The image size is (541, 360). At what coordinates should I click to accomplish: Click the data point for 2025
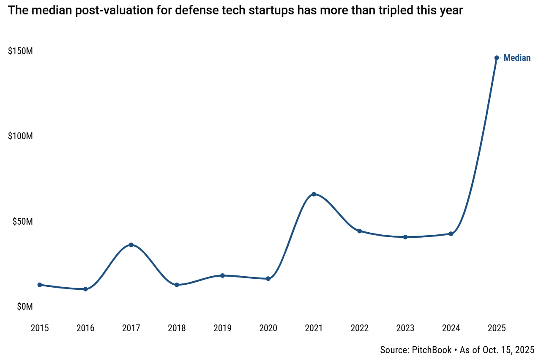pyautogui.click(x=497, y=58)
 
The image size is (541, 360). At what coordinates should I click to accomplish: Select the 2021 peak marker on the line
pyautogui.click(x=314, y=194)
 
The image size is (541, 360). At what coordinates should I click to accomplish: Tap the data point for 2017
pyautogui.click(x=131, y=245)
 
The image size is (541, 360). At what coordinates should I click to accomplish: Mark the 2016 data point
pyautogui.click(x=85, y=289)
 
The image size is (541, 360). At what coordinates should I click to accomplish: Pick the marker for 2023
pyautogui.click(x=405, y=237)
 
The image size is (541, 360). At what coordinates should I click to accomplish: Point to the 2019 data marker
pyautogui.click(x=222, y=275)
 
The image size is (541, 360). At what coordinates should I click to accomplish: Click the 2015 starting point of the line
pyautogui.click(x=40, y=285)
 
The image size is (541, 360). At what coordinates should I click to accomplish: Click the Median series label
pyautogui.click(x=517, y=58)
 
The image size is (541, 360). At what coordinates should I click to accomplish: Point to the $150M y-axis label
pyautogui.click(x=20, y=51)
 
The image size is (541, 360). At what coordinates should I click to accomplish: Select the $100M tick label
pyautogui.click(x=20, y=136)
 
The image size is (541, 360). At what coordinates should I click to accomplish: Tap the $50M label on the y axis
pyautogui.click(x=22, y=222)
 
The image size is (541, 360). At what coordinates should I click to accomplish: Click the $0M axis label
pyautogui.click(x=25, y=307)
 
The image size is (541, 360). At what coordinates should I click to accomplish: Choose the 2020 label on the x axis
pyautogui.click(x=268, y=328)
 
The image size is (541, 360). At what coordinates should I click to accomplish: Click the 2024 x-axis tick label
pyautogui.click(x=451, y=328)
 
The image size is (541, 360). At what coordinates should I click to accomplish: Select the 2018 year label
pyautogui.click(x=177, y=328)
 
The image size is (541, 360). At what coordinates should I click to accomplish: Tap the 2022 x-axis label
pyautogui.click(x=359, y=328)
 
